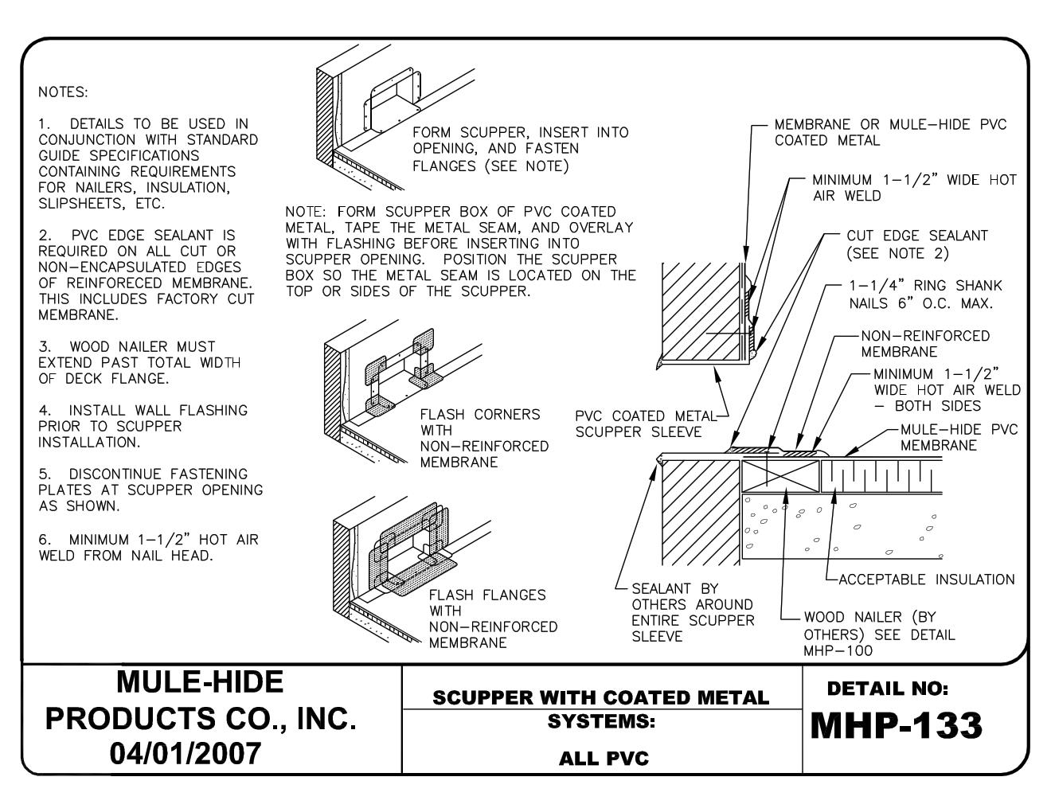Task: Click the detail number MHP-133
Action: click(x=896, y=725)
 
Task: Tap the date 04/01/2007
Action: click(x=200, y=752)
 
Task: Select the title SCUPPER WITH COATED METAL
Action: click(x=601, y=698)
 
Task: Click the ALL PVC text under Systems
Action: click(x=604, y=759)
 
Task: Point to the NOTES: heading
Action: click(x=63, y=92)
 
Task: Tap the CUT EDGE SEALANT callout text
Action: click(x=916, y=244)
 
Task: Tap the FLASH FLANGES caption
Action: click(x=493, y=619)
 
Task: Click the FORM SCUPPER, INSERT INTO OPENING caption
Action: click(x=520, y=148)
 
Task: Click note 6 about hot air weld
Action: click(x=148, y=548)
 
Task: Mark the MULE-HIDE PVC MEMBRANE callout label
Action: click(x=959, y=437)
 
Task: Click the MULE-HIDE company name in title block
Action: click(x=200, y=681)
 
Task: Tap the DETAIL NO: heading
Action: click(x=888, y=687)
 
